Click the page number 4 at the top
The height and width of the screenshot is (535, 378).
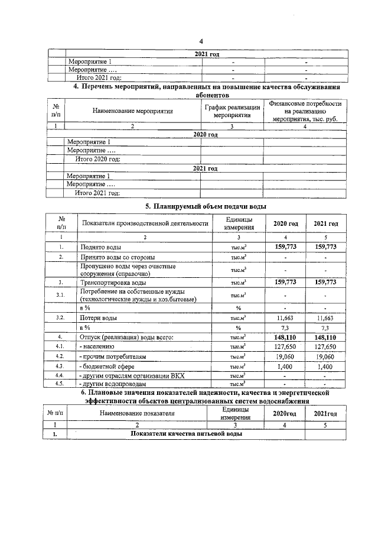click(201, 41)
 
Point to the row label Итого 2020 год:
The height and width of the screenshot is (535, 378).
click(98, 159)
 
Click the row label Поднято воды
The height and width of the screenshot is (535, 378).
click(101, 246)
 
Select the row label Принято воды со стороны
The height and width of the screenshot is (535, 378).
click(118, 257)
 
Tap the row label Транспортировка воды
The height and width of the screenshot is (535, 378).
click(113, 282)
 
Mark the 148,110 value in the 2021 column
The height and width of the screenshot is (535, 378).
click(326, 336)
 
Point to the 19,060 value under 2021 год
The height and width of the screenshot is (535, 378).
click(326, 356)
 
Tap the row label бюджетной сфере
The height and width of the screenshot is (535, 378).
click(107, 367)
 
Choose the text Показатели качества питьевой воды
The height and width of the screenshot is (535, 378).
click(186, 435)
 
